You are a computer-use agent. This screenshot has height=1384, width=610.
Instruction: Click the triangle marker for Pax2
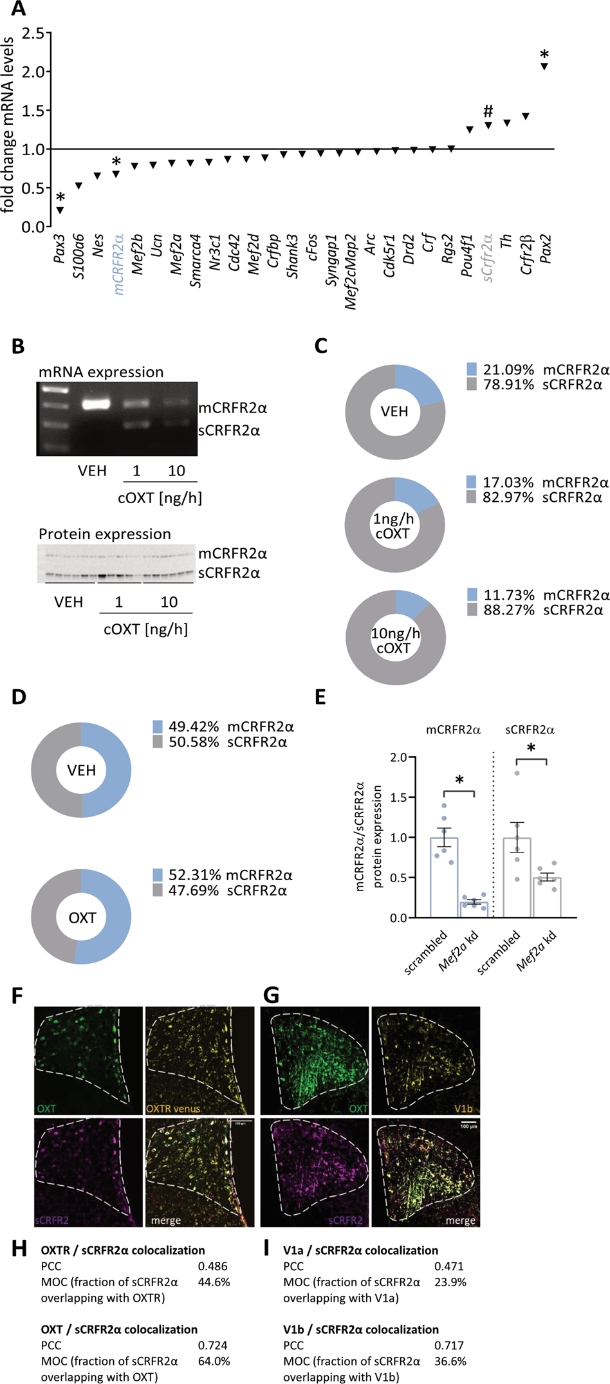click(544, 66)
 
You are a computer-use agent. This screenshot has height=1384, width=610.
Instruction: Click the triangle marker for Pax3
click(60, 210)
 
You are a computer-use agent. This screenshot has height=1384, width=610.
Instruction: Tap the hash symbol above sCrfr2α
click(488, 111)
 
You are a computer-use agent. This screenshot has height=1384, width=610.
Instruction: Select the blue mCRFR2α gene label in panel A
click(118, 264)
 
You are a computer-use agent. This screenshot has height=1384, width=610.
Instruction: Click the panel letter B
click(18, 346)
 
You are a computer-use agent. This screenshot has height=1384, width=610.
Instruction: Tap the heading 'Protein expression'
click(105, 534)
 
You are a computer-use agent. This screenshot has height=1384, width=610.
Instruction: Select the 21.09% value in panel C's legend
click(508, 370)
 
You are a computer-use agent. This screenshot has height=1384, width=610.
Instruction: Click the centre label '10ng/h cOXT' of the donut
click(395, 641)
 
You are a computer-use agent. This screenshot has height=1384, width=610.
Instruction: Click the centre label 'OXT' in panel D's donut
click(82, 918)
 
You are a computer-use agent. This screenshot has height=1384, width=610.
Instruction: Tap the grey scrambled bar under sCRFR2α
click(517, 878)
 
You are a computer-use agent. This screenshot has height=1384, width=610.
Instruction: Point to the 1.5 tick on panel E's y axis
click(399, 798)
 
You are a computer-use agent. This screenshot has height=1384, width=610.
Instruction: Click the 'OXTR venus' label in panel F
click(173, 1109)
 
